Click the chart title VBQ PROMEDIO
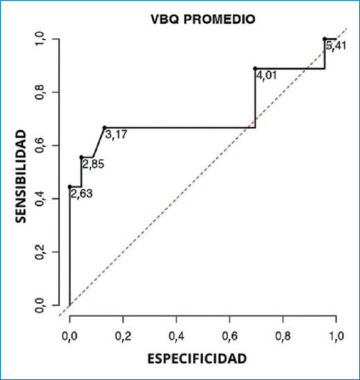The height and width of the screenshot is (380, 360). click(203, 19)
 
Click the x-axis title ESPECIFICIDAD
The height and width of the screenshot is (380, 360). click(197, 359)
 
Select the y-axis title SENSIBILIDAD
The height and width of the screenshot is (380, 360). click(21, 176)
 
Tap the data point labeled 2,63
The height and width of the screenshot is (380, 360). click(70, 187)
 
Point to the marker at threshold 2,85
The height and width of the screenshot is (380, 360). click(82, 157)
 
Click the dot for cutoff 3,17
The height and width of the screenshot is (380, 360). click(104, 128)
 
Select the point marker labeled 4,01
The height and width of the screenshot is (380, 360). click(255, 68)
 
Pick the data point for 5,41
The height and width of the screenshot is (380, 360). click(325, 39)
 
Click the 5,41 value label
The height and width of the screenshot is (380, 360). click(336, 46)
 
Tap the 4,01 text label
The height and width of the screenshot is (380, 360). click(267, 75)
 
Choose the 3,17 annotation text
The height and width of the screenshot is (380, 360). click(116, 135)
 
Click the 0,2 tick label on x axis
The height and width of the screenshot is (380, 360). click(123, 336)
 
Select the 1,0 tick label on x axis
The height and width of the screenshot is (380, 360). click(337, 336)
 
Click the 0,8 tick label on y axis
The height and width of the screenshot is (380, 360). click(40, 93)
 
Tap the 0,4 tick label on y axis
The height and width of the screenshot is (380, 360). click(40, 199)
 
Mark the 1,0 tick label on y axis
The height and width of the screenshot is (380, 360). click(40, 39)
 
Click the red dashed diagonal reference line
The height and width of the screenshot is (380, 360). click(203, 172)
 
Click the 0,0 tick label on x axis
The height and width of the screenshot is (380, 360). click(70, 336)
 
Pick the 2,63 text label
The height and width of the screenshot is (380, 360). click(82, 194)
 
